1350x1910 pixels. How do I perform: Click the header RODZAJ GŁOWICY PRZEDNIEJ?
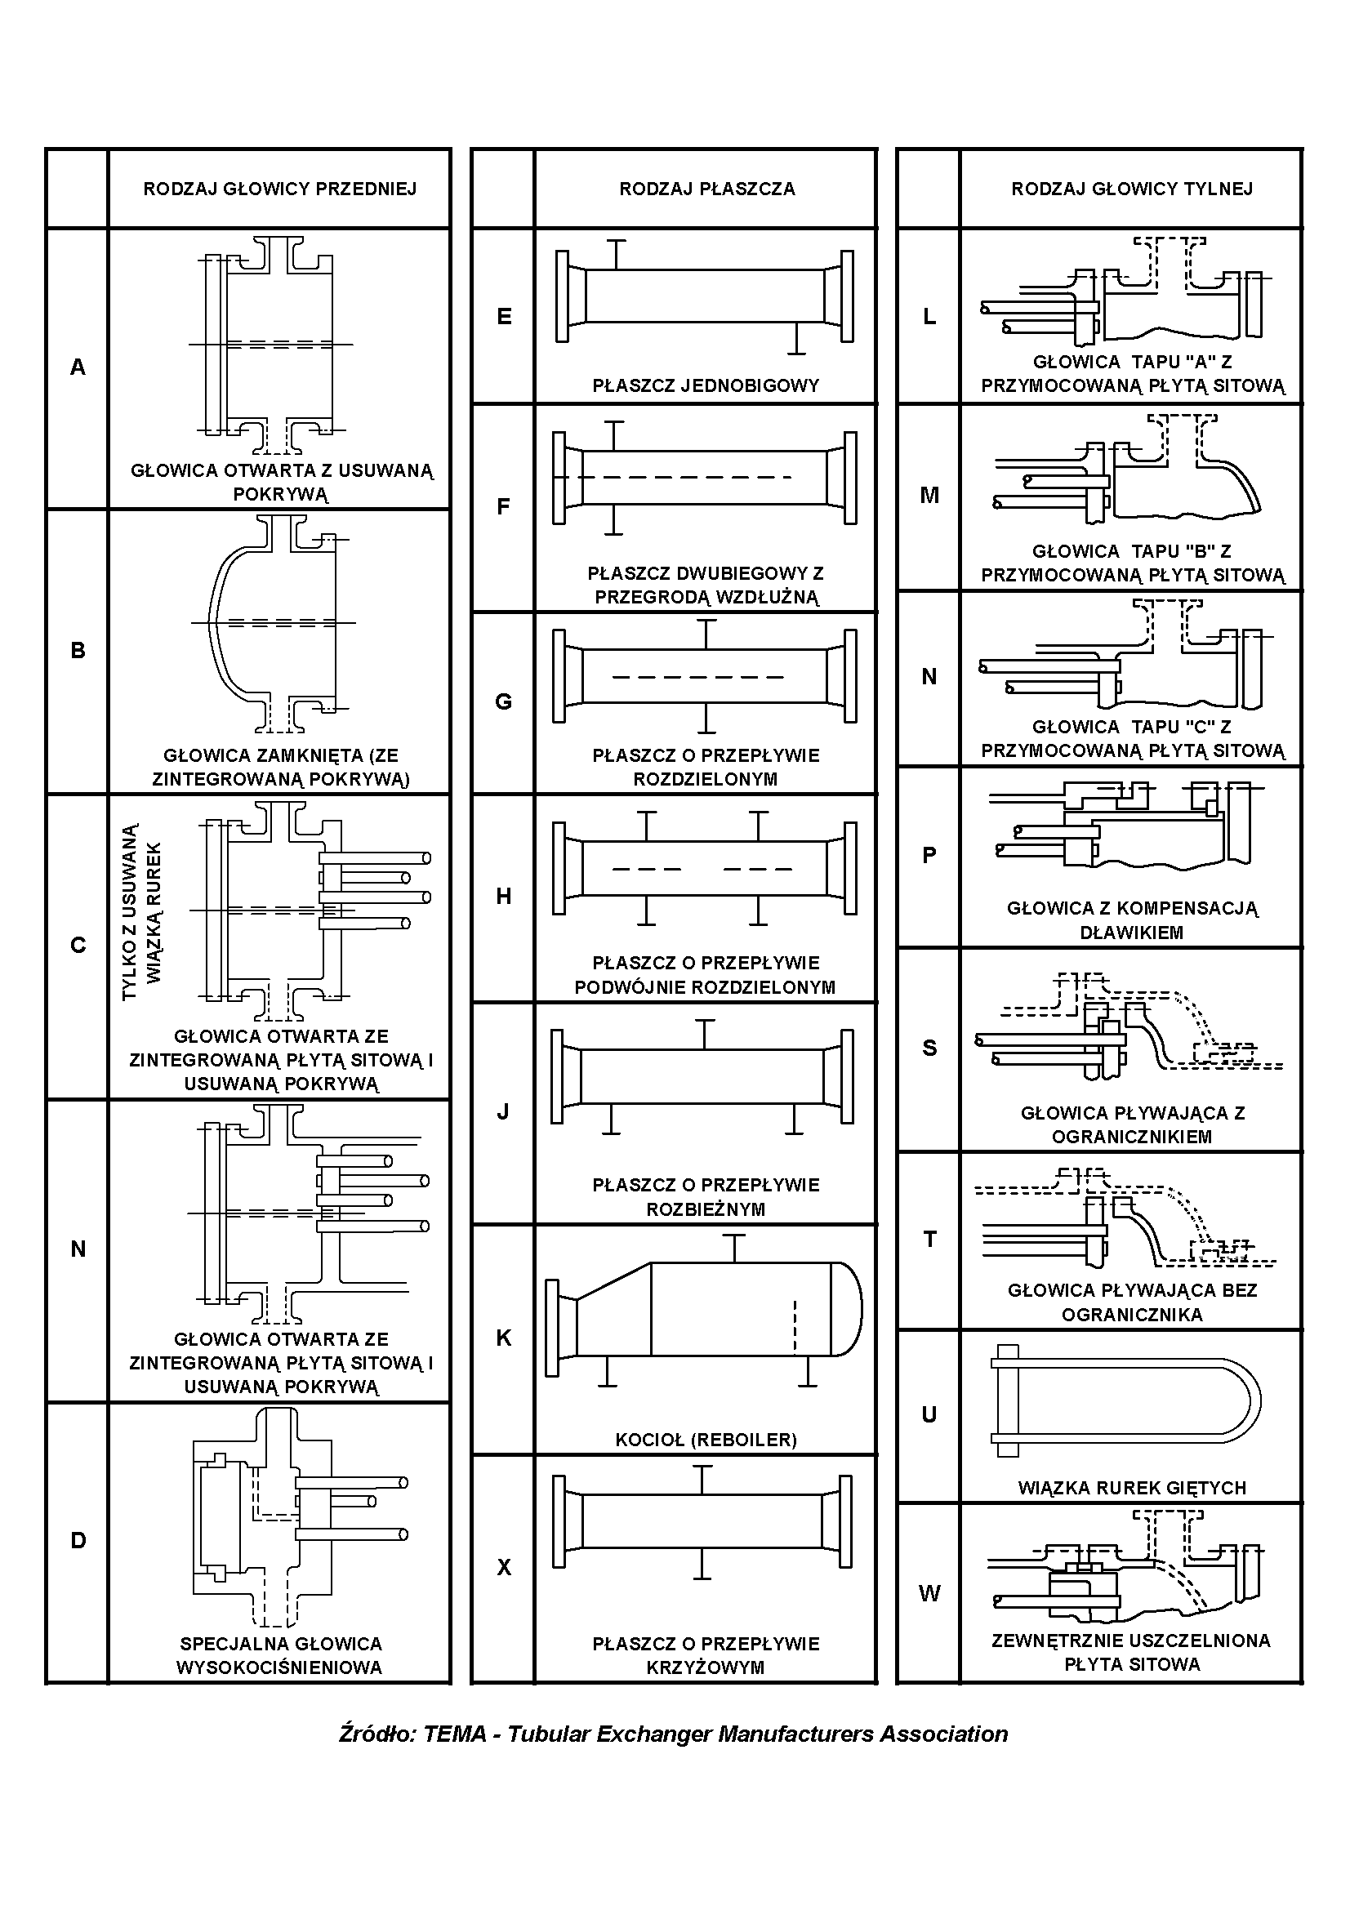click(x=279, y=189)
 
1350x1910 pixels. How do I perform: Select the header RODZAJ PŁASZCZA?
click(x=706, y=189)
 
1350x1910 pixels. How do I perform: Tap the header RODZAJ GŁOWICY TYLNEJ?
click(x=1131, y=189)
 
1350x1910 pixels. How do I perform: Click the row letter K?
click(x=503, y=1338)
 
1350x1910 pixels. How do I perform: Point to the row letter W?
click(x=929, y=1593)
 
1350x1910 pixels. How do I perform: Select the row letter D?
click(x=78, y=1540)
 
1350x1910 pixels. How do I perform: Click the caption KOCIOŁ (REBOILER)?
click(x=706, y=1439)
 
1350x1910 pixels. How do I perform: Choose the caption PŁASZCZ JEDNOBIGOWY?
click(x=706, y=385)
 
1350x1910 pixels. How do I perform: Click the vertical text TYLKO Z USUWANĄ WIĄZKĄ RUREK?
click(x=141, y=912)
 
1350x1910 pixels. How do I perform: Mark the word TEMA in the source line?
click(x=454, y=1734)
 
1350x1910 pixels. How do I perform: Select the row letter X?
click(x=503, y=1567)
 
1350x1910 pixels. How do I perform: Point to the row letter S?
click(x=929, y=1048)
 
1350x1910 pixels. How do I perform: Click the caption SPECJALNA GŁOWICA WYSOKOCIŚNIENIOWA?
click(x=280, y=1654)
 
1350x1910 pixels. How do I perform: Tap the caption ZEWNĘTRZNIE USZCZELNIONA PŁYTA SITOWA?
click(x=1131, y=1652)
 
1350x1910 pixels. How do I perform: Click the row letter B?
click(x=78, y=650)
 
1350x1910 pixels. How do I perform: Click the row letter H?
click(x=503, y=896)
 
